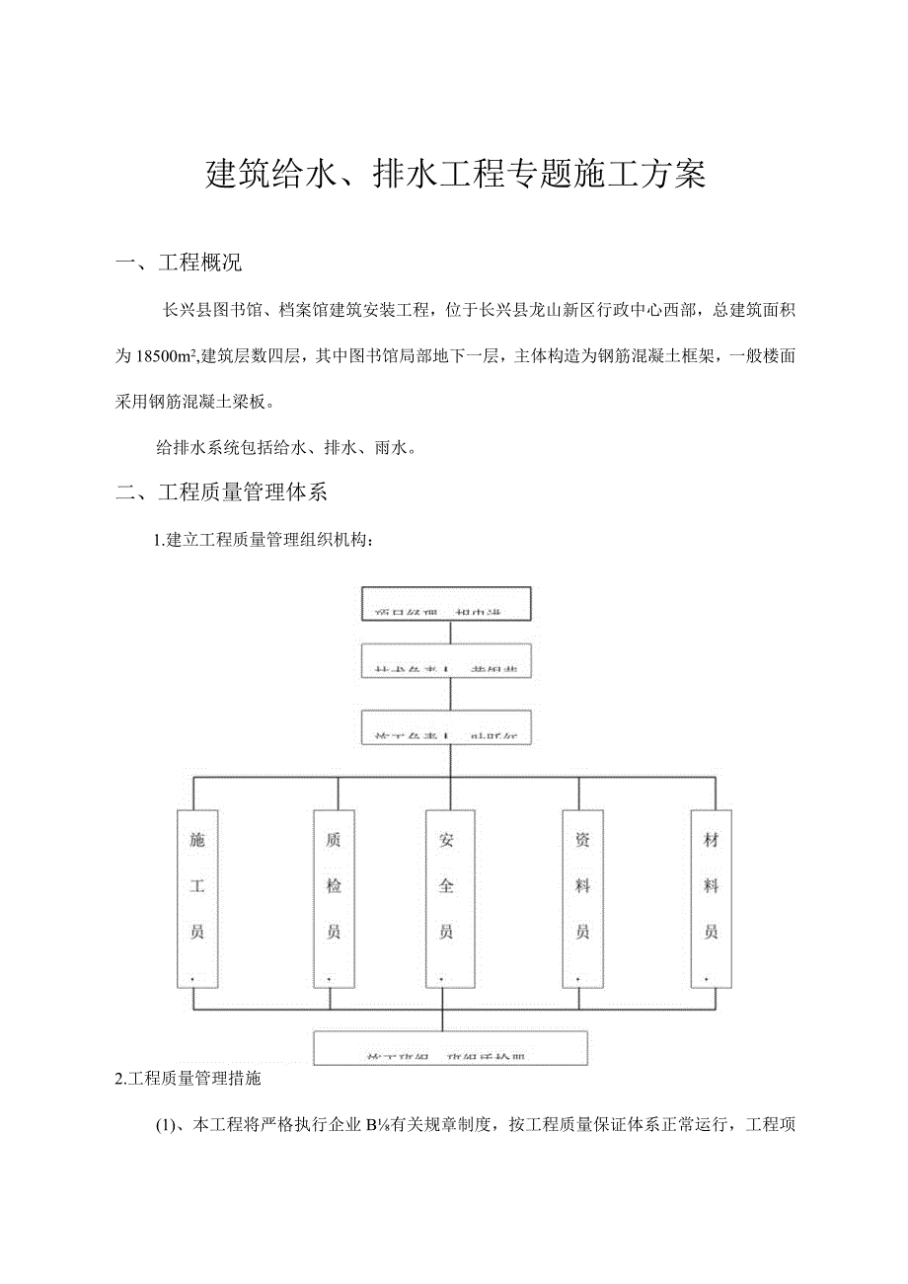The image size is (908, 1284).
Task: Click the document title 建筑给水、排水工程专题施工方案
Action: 455,174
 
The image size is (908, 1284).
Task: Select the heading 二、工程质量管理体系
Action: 228,491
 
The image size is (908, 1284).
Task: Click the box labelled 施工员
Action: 197,897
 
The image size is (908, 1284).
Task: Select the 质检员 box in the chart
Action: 335,897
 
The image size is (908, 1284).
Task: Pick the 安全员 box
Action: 447,897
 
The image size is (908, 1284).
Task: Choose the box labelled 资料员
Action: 583,897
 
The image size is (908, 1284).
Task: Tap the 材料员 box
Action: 711,897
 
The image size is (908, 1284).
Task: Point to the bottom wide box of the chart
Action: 450,1047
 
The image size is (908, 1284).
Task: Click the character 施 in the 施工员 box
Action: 197,840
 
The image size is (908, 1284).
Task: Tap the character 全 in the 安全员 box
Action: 447,886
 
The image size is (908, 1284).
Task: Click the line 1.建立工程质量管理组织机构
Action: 264,540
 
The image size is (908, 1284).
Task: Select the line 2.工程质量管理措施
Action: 189,1079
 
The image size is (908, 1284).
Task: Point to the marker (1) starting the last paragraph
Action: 164,1124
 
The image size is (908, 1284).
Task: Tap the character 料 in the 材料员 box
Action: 711,886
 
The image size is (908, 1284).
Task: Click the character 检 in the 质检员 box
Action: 335,886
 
